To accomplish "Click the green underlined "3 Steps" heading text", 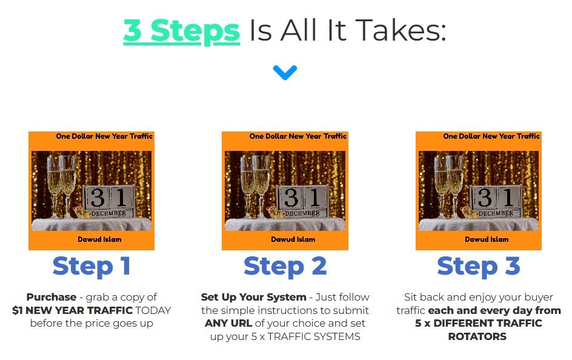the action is point(182,32).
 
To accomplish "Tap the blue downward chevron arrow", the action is point(285,73).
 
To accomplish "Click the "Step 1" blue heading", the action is point(91,266).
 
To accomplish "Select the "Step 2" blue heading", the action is point(285,266).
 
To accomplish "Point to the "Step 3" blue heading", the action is point(478,266).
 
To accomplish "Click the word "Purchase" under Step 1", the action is point(52,297).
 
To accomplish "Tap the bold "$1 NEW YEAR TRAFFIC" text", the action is point(72,310).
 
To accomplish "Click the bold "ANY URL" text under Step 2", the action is point(228,323).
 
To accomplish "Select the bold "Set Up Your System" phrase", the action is point(253,297).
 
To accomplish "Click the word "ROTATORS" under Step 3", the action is point(477,336).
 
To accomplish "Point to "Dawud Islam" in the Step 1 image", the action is point(99,239).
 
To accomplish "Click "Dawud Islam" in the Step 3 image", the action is point(487,239).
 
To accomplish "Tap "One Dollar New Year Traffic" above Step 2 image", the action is point(298,136).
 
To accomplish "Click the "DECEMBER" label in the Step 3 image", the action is point(496,213).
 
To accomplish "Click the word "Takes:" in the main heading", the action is point(401,30).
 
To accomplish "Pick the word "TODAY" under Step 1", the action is point(153,310).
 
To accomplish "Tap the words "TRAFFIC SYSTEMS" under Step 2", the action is point(314,336).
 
